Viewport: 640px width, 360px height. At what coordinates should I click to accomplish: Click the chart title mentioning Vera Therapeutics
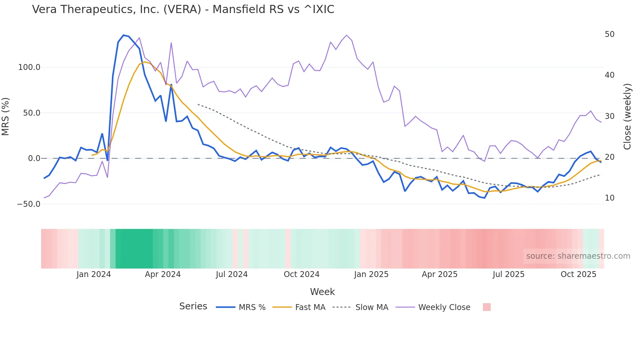click(x=183, y=9)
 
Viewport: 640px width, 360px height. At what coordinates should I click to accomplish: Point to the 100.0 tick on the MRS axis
click(x=29, y=67)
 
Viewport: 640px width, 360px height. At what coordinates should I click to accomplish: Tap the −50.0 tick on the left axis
click(x=29, y=204)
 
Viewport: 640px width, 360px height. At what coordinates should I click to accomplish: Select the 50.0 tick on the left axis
click(x=31, y=113)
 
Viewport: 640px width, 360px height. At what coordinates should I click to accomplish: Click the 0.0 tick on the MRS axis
click(x=34, y=158)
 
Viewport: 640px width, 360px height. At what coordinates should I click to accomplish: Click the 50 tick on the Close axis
click(x=609, y=34)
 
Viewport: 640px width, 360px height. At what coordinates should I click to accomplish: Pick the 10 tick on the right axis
click(x=609, y=198)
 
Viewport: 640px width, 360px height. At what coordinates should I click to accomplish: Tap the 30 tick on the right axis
click(x=609, y=116)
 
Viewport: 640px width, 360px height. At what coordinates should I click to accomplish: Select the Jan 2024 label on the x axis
click(x=93, y=274)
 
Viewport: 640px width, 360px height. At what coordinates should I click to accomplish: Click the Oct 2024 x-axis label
click(x=301, y=274)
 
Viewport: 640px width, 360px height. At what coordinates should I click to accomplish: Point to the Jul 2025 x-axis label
click(x=508, y=274)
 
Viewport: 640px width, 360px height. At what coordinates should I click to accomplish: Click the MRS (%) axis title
click(x=6, y=116)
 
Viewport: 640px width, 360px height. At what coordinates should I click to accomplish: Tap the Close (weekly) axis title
click(x=627, y=116)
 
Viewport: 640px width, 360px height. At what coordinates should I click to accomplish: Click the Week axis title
click(x=322, y=292)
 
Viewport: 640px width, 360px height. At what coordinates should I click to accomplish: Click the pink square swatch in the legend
click(x=487, y=307)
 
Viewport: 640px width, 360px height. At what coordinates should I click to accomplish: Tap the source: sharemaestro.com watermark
click(x=578, y=256)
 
